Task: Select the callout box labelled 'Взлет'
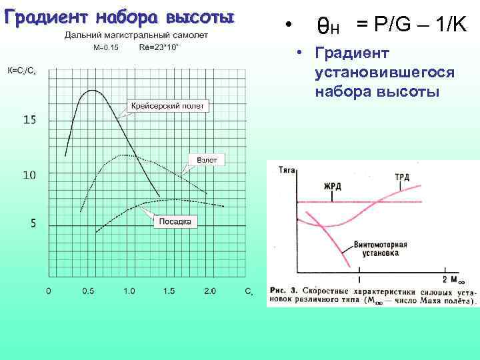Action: pos(207,160)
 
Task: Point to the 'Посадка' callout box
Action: pos(175,221)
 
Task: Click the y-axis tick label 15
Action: pos(30,120)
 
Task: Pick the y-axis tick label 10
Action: pos(29,175)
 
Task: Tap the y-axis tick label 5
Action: pos(33,223)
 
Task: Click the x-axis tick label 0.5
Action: pos(88,291)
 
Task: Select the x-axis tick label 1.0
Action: pos(129,291)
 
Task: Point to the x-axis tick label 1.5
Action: pos(169,291)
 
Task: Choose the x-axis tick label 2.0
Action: pos(210,291)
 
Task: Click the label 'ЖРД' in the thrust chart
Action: pos(333,185)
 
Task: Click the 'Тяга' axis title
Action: pos(287,171)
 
